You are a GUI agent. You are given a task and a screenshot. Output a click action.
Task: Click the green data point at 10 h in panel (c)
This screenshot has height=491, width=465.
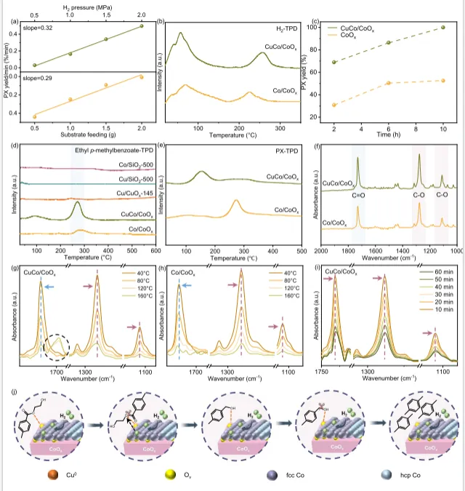point(443,28)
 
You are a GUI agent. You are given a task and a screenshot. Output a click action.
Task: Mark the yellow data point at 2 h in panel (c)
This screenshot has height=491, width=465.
point(334,105)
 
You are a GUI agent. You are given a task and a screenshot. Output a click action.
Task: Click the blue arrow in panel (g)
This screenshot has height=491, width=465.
point(49,287)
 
